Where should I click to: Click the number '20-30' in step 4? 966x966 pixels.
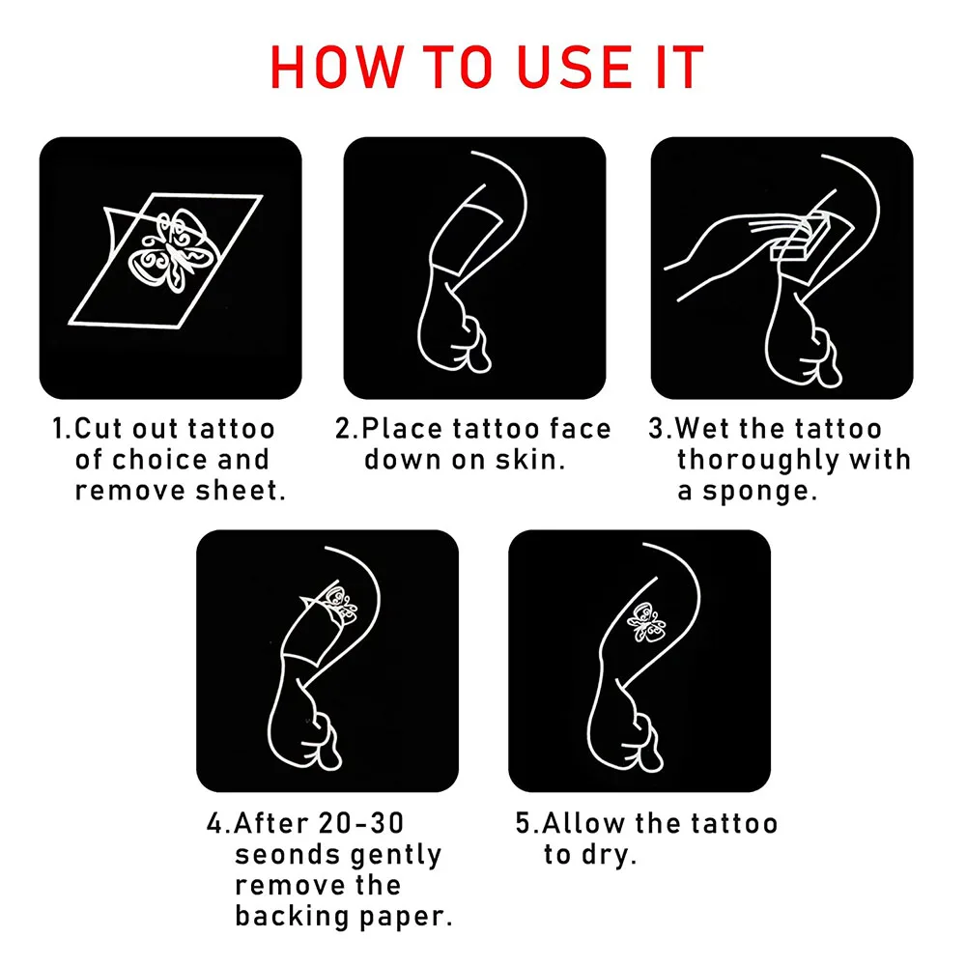click(361, 824)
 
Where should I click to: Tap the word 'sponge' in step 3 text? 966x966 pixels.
click(755, 492)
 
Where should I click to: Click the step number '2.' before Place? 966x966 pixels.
click(346, 429)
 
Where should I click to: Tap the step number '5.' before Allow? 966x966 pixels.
click(527, 824)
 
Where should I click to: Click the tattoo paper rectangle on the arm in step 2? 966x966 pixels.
click(469, 240)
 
